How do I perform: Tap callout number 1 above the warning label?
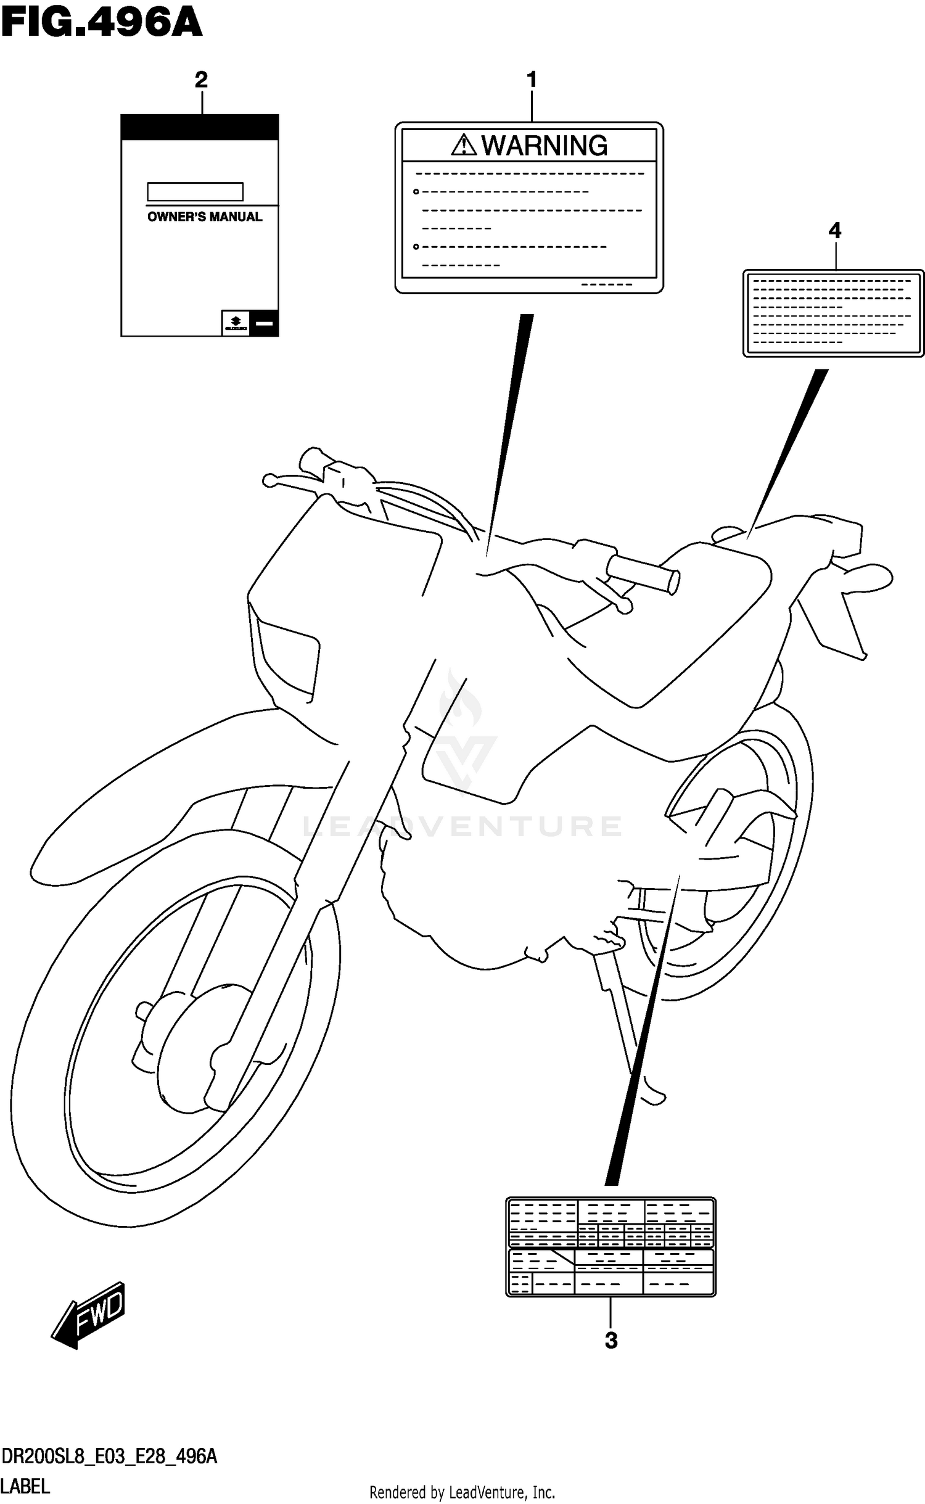click(x=532, y=80)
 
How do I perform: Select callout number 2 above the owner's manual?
click(x=201, y=80)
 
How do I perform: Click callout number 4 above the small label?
click(x=834, y=231)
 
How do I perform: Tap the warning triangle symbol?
click(x=463, y=146)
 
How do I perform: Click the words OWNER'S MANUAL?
click(x=205, y=217)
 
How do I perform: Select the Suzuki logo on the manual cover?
click(x=236, y=323)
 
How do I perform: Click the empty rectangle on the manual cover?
click(x=195, y=192)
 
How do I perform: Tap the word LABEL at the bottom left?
click(x=25, y=1487)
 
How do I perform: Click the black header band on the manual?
click(x=199, y=128)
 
